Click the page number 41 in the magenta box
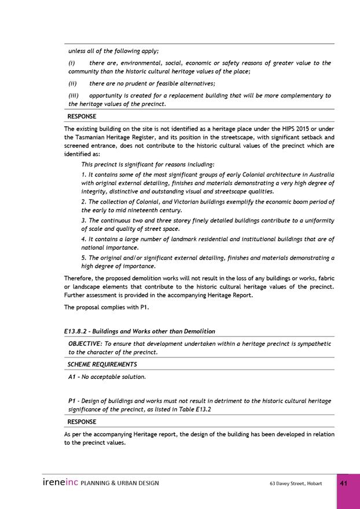344,484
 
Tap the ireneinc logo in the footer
60,482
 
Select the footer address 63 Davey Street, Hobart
296,483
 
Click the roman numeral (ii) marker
74,83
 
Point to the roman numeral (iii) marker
74,95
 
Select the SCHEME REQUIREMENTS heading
102,364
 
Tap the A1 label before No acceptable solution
73,377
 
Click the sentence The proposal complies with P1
102,308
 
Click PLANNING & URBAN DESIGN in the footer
120,483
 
